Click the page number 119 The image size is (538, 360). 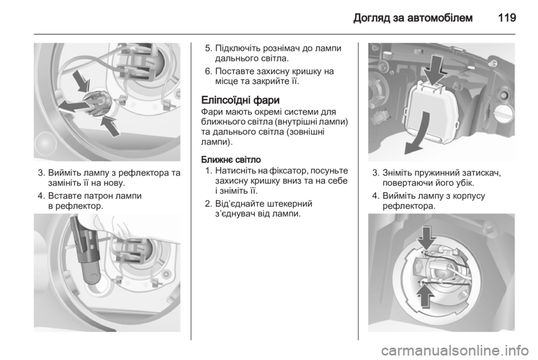(507, 17)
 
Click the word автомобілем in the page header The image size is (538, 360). (440, 17)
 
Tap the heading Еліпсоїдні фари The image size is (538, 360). (240, 100)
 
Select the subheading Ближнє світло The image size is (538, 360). (231, 160)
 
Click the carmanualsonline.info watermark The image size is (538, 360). (455, 350)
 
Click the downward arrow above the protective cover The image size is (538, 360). (434, 70)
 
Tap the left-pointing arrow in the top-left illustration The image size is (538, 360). (72, 105)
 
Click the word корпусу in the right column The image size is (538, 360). (469, 196)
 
